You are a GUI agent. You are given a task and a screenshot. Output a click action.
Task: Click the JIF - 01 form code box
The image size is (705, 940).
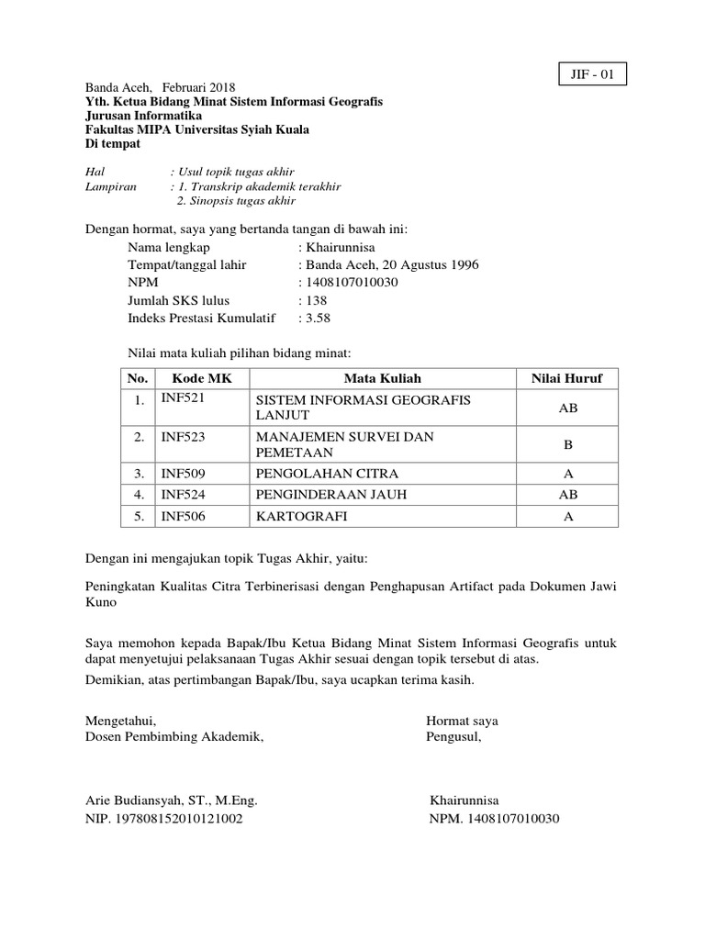(593, 73)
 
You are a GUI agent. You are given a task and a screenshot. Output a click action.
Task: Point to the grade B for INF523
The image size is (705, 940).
(567, 444)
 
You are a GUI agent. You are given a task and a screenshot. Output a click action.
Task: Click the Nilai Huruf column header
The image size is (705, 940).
(567, 378)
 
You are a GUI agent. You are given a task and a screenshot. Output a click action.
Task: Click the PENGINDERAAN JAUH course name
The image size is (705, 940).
(330, 495)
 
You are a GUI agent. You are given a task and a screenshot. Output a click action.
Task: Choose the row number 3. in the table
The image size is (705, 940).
(140, 474)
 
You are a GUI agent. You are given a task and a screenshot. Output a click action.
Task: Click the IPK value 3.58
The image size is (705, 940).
(317, 318)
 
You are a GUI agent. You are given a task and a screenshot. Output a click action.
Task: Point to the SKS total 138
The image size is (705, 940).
(315, 300)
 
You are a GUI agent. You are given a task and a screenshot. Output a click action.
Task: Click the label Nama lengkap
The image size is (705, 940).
(169, 248)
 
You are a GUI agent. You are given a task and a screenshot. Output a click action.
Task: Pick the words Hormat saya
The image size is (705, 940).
(462, 720)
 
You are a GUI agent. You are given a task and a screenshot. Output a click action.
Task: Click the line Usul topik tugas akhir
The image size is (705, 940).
(239, 171)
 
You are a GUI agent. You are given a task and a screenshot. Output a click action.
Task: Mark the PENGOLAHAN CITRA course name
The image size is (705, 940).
(327, 474)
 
